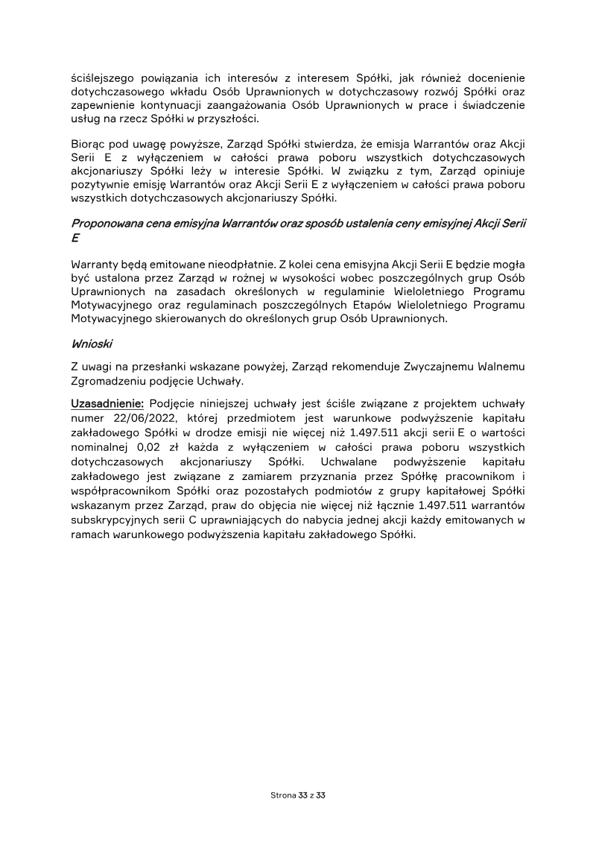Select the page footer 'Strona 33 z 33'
(x=298, y=796)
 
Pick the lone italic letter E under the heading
(x=74, y=236)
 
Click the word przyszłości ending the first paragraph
(x=226, y=119)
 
